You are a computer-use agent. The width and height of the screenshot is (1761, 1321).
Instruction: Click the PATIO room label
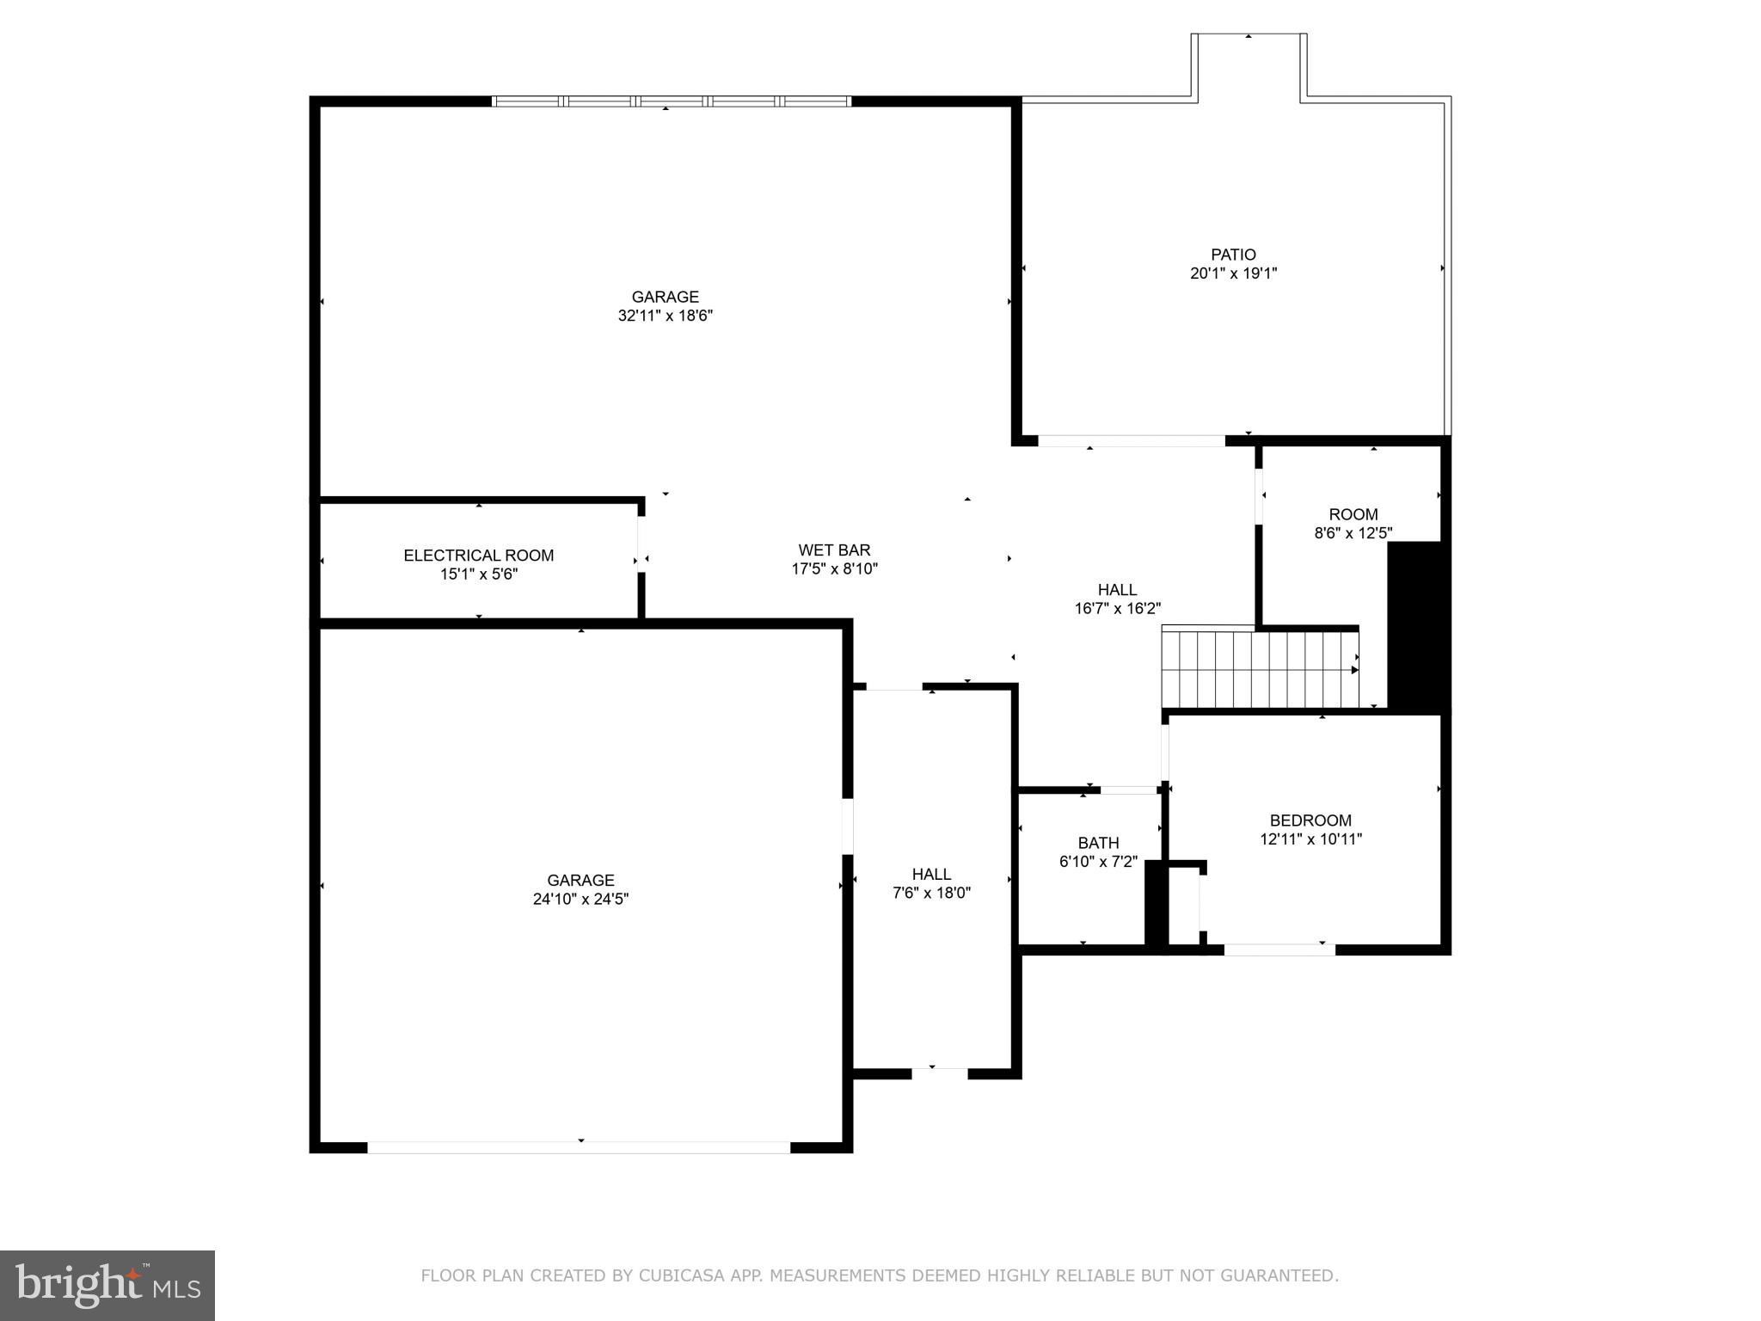1233,255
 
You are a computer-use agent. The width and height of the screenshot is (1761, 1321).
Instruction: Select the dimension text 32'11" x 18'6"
666,316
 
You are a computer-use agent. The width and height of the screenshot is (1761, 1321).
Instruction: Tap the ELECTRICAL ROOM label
479,556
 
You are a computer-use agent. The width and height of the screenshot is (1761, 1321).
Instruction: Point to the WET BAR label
834,550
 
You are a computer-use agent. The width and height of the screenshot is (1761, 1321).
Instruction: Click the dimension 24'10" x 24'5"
580,899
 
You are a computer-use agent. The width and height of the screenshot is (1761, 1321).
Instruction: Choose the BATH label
1098,843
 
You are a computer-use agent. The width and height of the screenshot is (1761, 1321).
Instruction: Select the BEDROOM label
1310,820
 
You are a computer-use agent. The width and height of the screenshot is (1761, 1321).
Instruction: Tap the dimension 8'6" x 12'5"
1353,533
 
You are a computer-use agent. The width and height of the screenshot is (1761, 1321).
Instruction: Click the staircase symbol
1260,669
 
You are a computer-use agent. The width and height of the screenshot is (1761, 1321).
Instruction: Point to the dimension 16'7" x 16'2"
1117,609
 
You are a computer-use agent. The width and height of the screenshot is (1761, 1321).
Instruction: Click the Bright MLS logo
107,1285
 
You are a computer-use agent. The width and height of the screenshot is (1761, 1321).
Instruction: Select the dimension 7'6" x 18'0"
931,893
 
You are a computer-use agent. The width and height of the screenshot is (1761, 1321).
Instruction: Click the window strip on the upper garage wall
672,101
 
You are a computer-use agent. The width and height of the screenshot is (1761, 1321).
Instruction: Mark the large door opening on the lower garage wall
579,1147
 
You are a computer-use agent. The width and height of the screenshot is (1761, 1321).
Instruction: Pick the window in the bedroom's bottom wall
1279,949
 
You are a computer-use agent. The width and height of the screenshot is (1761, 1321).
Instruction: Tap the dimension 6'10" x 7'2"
1098,861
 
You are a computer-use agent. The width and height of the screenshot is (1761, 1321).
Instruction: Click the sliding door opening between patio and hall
1132,441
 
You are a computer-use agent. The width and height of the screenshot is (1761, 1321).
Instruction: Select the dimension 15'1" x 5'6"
479,574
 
